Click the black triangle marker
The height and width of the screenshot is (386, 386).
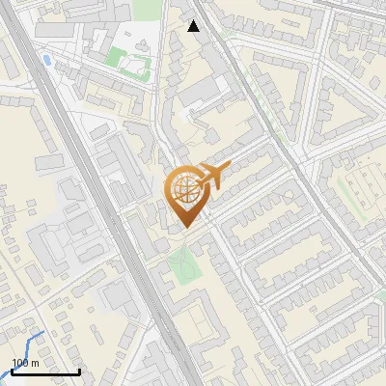[194, 26]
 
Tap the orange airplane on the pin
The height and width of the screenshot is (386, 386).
[210, 177]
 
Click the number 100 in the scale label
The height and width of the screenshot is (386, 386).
[20, 363]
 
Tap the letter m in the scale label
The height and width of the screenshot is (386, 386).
[35, 363]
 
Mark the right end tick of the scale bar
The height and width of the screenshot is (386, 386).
[79, 371]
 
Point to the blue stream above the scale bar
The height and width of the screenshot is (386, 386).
[28, 343]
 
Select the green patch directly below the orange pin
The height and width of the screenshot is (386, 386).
[180, 262]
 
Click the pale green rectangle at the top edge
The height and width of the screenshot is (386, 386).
[147, 8]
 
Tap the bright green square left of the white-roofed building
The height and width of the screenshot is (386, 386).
[118, 57]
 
